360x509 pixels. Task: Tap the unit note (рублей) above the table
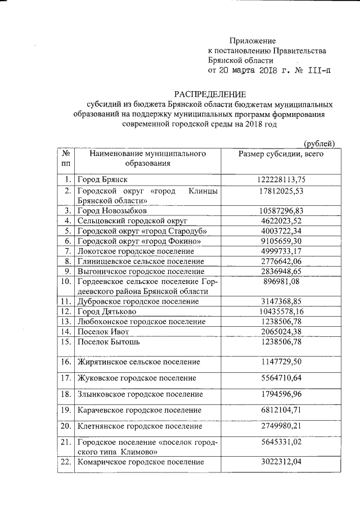[319, 144]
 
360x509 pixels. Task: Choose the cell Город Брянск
[103, 179]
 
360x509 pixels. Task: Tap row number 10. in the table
[66, 281]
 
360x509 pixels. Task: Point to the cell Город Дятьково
[107, 311]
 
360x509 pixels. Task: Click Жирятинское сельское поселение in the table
[139, 362]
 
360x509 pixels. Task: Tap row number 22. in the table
[66, 462]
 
